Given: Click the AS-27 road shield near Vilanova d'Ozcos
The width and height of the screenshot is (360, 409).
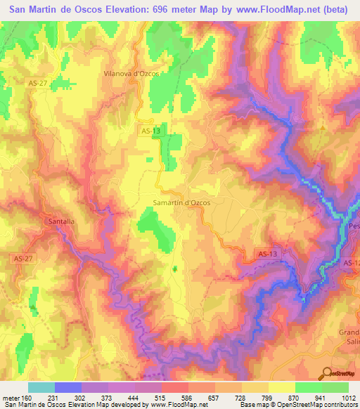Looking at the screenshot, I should click(x=38, y=83).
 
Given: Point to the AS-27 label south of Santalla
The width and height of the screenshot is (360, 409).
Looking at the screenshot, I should click(x=21, y=259).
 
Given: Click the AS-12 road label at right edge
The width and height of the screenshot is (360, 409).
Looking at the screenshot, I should click(x=352, y=263).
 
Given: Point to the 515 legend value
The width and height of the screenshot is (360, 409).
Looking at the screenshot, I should click(x=162, y=398).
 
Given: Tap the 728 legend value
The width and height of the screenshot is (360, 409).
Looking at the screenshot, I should click(x=242, y=398).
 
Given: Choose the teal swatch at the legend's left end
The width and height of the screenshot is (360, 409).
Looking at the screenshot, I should click(x=41, y=387).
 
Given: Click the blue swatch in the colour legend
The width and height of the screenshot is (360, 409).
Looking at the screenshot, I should click(x=68, y=387).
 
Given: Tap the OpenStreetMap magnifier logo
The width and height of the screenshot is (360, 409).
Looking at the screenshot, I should click(x=326, y=372).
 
